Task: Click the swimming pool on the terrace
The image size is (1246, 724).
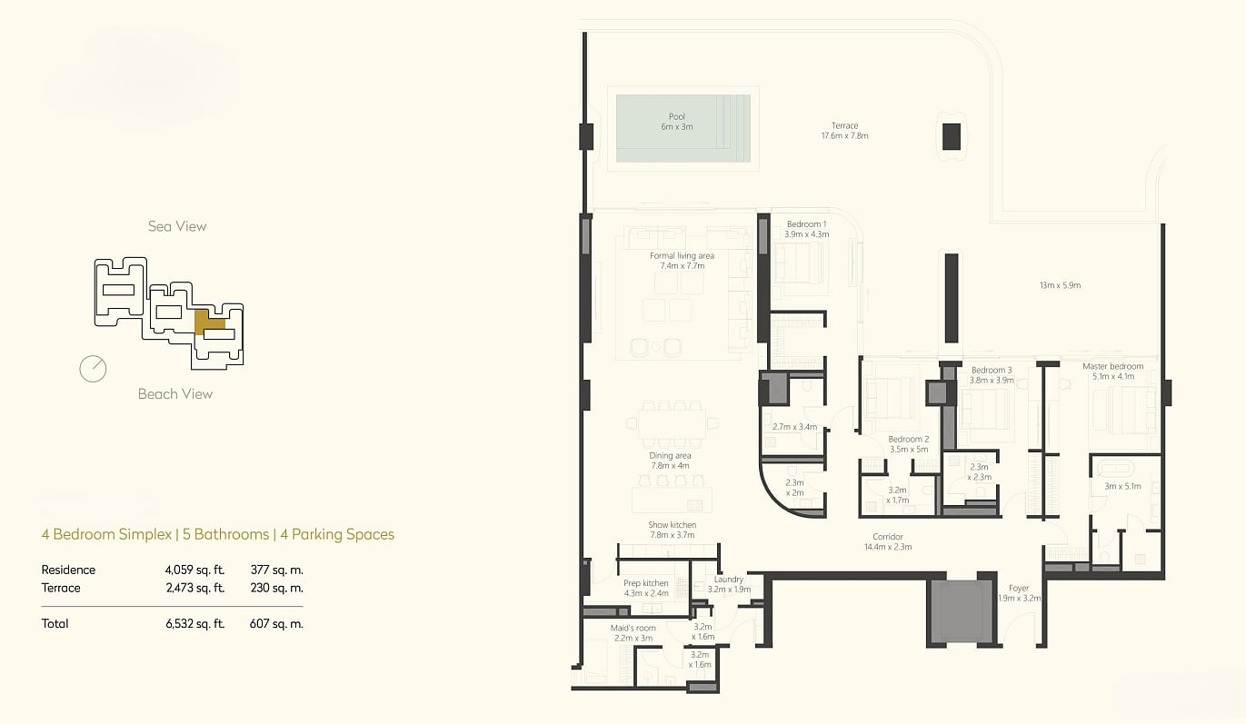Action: tap(683, 128)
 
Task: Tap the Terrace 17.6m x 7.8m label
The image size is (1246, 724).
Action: tap(844, 131)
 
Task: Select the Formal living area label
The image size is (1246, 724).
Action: tap(682, 261)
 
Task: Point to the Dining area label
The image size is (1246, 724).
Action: tap(670, 461)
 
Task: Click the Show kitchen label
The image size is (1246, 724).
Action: tap(672, 530)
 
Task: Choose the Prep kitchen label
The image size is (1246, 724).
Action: tap(646, 588)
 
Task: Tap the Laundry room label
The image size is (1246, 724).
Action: tap(729, 584)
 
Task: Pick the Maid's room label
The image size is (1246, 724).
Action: tap(633, 633)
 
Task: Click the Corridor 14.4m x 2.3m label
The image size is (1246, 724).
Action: tap(888, 541)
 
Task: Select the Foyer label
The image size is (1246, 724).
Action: tap(1019, 593)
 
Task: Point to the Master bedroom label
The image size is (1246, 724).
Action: tap(1113, 371)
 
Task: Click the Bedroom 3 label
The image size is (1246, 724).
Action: tap(992, 375)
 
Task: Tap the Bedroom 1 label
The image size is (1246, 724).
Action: tap(806, 229)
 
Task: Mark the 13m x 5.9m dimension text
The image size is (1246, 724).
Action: tap(1061, 285)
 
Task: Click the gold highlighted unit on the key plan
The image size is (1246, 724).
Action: tap(206, 322)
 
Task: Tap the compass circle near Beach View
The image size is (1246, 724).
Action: tap(93, 369)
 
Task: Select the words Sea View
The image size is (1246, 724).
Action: tap(177, 226)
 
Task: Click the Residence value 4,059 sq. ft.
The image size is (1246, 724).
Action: tap(194, 570)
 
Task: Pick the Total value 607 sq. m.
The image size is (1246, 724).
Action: tap(276, 624)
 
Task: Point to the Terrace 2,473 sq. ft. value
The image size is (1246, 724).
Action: tap(195, 588)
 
